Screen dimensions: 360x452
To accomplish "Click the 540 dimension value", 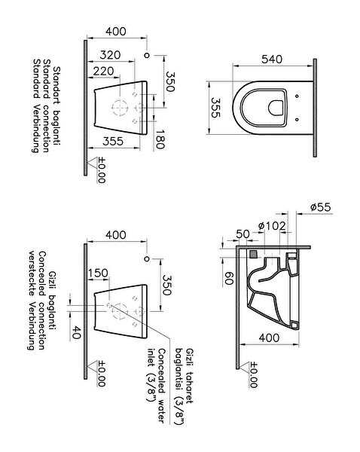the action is tap(272, 59).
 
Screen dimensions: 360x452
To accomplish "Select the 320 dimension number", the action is tap(110, 55).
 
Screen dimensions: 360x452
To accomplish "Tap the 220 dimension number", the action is tap(104, 72).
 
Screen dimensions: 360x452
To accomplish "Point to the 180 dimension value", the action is tap(160, 139).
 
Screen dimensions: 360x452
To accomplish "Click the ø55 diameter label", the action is tap(321, 207).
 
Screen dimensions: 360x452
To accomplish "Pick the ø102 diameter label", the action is tap(272, 226).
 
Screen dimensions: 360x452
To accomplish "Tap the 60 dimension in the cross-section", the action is tap(228, 278).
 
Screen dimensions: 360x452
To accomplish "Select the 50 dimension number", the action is tap(243, 234).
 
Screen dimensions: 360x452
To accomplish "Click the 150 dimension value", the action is tap(98, 273).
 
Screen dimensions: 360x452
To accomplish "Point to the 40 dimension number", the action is tap(76, 332).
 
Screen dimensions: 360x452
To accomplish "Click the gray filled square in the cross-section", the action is tap(253, 255).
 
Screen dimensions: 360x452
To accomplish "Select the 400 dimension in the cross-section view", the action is tap(269, 337).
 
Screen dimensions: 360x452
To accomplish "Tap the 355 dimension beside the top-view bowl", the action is tap(216, 108).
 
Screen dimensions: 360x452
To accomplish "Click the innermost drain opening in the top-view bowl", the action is tap(276, 108).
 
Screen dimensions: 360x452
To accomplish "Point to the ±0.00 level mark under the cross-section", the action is tap(253, 374).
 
